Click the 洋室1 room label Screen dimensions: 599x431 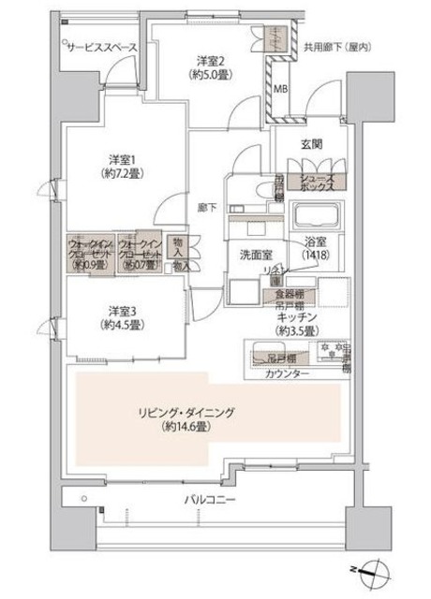click(116, 158)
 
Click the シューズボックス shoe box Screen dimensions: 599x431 click(318, 180)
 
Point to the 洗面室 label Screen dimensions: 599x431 click(253, 253)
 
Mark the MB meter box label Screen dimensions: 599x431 click(281, 91)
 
